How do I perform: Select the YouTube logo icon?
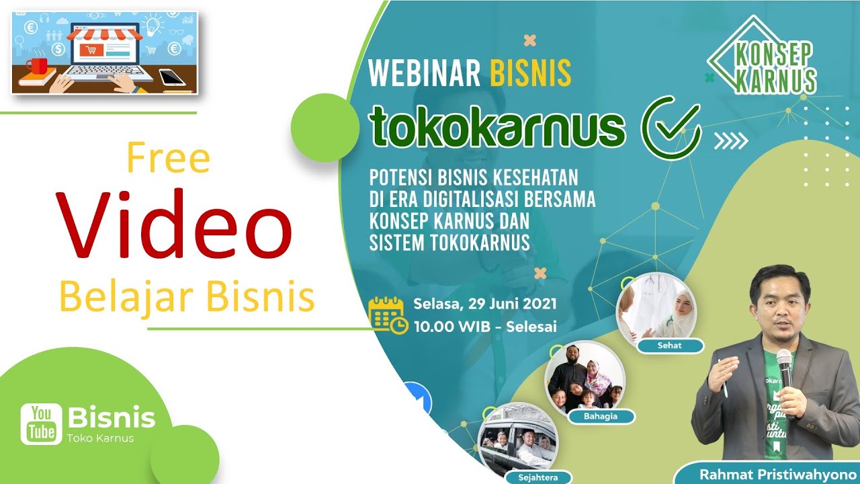[x=41, y=424]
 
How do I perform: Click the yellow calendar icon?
[x=388, y=314]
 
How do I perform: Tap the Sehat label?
[x=670, y=346]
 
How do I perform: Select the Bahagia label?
[x=601, y=417]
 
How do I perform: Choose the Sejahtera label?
[x=535, y=478]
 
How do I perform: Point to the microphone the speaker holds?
[x=784, y=366]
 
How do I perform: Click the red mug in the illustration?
[x=37, y=66]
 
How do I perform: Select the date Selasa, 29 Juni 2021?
[x=485, y=304]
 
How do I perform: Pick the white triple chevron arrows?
[x=730, y=140]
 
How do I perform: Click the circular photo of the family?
[x=585, y=378]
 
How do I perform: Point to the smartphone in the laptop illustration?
[x=172, y=77]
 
